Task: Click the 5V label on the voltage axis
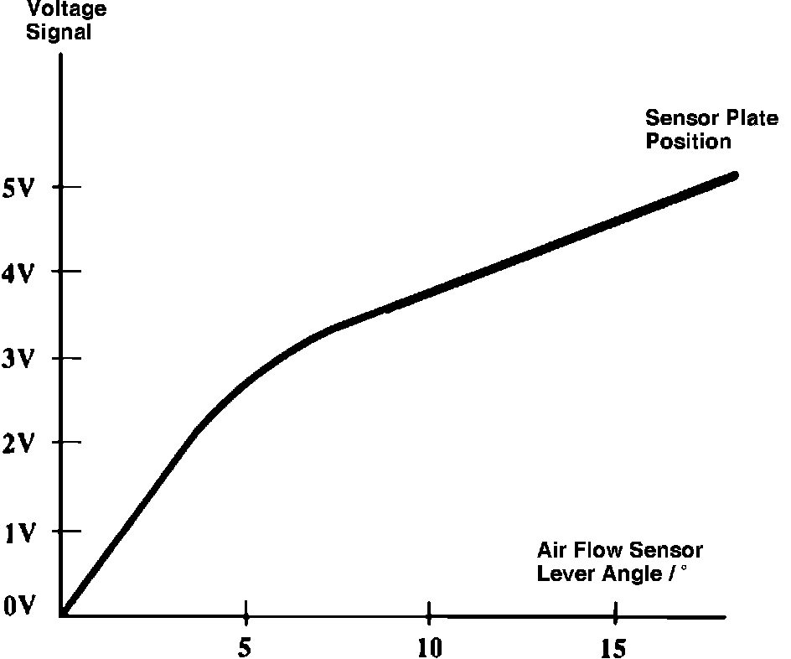[18, 189]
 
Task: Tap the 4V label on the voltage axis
[18, 273]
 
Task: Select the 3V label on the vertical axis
[18, 360]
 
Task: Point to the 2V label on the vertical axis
[18, 444]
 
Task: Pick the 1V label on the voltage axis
[18, 532]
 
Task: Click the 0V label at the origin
[18, 606]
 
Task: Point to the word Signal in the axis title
[59, 34]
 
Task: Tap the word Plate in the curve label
[751, 118]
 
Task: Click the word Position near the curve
[688, 141]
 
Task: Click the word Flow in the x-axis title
[598, 551]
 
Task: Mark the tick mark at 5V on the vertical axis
[60, 186]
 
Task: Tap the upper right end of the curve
[733, 175]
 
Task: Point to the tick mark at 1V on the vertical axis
[60, 531]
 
